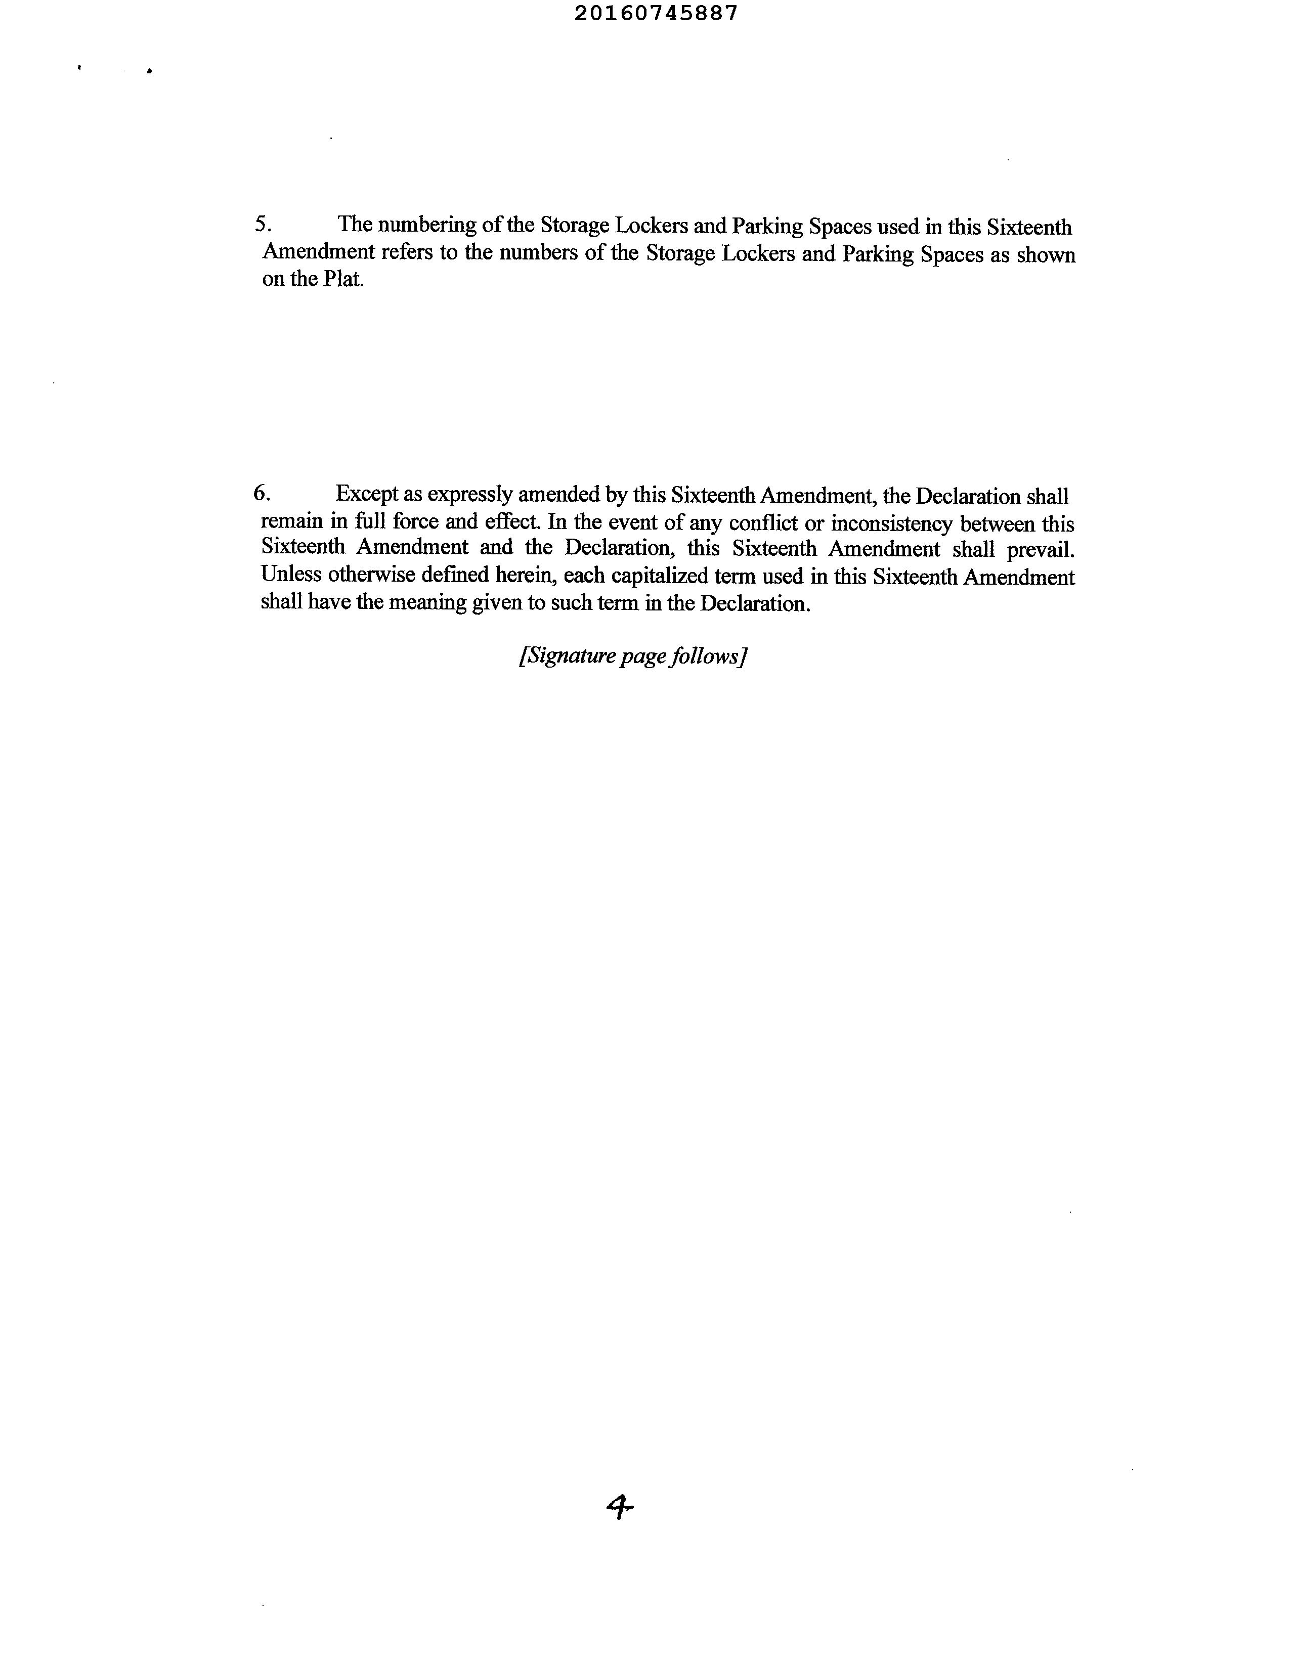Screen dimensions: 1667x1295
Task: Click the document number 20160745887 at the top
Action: pyautogui.click(x=656, y=14)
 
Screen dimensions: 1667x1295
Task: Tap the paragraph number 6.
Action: pyautogui.click(x=261, y=493)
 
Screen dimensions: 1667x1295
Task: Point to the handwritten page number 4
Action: pyautogui.click(x=619, y=1507)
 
